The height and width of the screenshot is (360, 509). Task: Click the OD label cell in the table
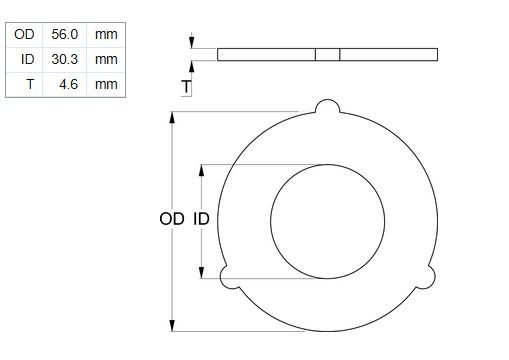24,34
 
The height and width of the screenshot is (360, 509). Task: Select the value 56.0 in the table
65,34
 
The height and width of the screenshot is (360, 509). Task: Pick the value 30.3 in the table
65,59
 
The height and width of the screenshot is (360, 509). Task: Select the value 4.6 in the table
69,84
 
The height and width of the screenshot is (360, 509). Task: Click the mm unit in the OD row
106,35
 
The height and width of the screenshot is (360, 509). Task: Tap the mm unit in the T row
106,85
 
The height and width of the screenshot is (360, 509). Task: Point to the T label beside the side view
186,87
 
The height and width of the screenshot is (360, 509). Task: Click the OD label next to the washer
172,219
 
